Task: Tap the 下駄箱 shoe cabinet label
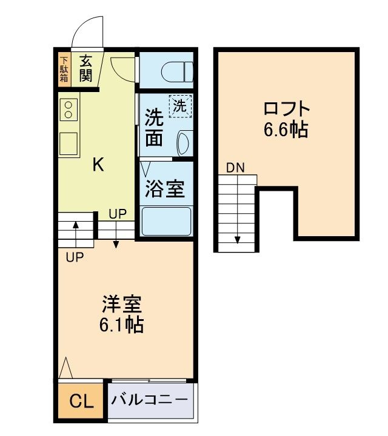pyautogui.click(x=64, y=70)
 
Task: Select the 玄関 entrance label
pyautogui.click(x=85, y=68)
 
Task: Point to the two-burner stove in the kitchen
pyautogui.click(x=69, y=110)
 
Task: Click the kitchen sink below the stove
pyautogui.click(x=69, y=144)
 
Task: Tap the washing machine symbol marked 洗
pyautogui.click(x=180, y=105)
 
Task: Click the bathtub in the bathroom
pyautogui.click(x=166, y=222)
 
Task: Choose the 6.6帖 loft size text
pyautogui.click(x=286, y=130)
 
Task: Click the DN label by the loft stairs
pyautogui.click(x=235, y=168)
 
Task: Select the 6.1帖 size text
pyautogui.click(x=121, y=325)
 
